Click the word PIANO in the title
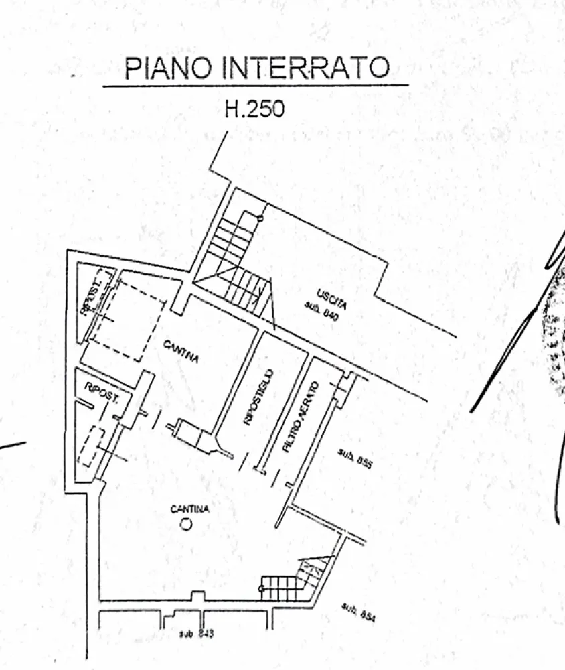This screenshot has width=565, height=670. [x=168, y=68]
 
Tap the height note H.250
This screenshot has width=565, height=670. [x=254, y=109]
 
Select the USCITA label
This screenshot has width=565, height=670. [x=332, y=296]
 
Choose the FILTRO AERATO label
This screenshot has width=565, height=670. [x=299, y=417]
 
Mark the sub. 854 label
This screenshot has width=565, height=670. [x=358, y=612]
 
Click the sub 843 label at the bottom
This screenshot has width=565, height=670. [x=196, y=633]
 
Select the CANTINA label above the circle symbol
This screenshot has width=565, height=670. [x=189, y=509]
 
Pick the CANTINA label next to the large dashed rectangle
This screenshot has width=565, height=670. [x=181, y=352]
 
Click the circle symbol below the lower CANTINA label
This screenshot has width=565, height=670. [x=186, y=524]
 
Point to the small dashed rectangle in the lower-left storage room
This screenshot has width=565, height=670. [x=90, y=447]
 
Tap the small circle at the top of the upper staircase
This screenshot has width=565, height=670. [x=260, y=218]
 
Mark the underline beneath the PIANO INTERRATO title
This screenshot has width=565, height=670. [x=255, y=86]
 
